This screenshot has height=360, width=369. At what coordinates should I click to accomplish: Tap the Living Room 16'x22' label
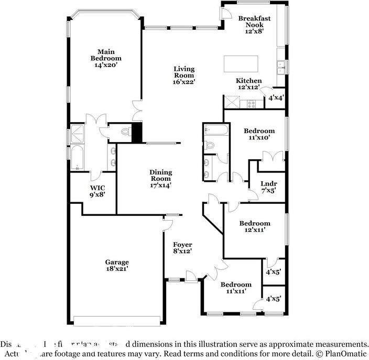click(184, 75)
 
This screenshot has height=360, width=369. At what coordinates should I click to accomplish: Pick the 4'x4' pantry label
click(276, 98)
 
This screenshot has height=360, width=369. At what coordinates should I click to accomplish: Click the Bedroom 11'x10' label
click(259, 134)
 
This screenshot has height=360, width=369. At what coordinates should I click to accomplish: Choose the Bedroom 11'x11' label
click(236, 287)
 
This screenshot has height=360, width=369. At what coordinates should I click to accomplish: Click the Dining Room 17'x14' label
click(160, 178)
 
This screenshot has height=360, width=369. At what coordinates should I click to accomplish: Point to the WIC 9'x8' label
click(97, 191)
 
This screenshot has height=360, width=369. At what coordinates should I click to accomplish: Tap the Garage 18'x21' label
click(116, 265)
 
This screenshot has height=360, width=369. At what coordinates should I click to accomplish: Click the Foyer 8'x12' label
click(182, 248)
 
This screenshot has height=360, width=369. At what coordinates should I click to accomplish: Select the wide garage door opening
click(117, 321)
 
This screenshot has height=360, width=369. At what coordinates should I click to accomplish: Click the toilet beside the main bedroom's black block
click(125, 132)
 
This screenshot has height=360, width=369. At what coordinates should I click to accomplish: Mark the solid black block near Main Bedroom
click(137, 132)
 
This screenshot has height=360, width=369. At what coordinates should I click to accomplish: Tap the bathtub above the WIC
click(77, 159)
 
